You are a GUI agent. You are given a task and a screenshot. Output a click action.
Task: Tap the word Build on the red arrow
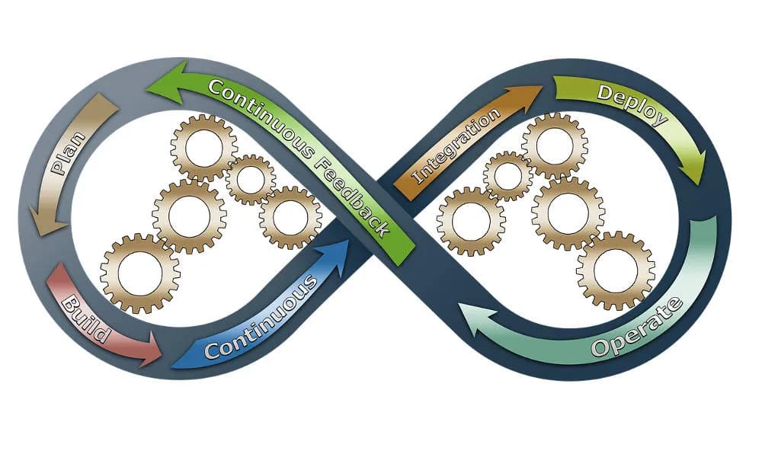(86, 312)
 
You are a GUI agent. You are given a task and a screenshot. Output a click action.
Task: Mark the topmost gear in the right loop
(554, 145)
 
